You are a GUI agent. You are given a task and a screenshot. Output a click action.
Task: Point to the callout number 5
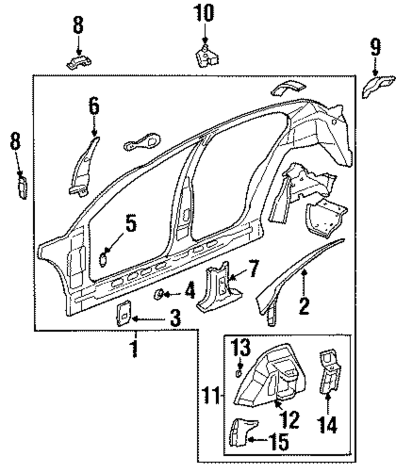pyautogui.click(x=130, y=224)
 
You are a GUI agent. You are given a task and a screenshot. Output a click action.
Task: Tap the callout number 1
pyautogui.click(x=135, y=348)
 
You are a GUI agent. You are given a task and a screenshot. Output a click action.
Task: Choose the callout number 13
pyautogui.click(x=241, y=347)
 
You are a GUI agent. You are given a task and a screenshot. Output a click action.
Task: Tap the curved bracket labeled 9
pyautogui.click(x=378, y=87)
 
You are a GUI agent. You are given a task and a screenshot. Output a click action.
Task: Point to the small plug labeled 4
pyautogui.click(x=159, y=294)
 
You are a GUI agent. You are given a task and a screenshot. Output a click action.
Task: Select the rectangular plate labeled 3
pyautogui.click(x=124, y=313)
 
